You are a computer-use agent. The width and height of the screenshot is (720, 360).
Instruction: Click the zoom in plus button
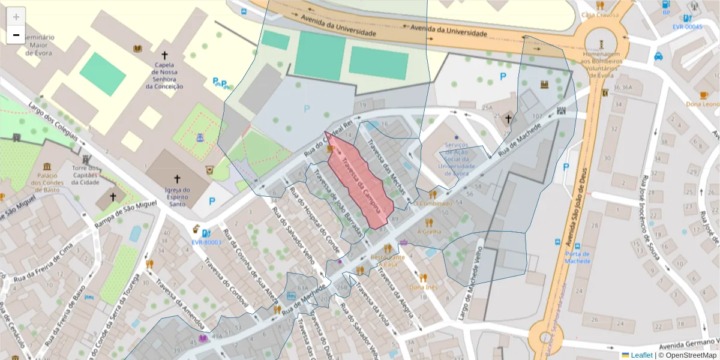(16, 17)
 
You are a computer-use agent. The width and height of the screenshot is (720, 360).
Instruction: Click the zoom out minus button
(16, 35)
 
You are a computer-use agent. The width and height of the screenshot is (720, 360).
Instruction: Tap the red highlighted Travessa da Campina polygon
(360, 180)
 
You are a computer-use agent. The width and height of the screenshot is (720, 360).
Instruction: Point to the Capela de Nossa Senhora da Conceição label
(164, 76)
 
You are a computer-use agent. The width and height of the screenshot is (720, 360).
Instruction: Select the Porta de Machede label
(577, 257)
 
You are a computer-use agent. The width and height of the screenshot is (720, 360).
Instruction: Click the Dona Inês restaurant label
(424, 287)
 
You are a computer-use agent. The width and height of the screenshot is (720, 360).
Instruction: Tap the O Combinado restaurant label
(433, 203)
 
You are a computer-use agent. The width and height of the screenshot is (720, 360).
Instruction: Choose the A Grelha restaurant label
(428, 232)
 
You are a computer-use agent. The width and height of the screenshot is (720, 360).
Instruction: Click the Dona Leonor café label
(704, 104)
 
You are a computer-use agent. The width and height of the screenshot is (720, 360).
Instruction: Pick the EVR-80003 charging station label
(206, 242)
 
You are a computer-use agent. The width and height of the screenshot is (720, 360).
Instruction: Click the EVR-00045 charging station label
(687, 27)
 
